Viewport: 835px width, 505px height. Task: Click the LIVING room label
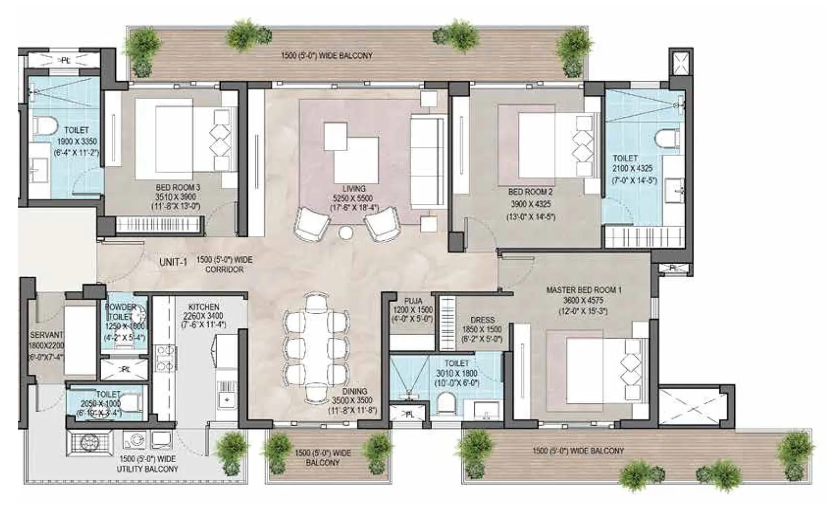point(353,188)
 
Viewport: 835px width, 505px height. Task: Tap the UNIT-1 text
point(173,262)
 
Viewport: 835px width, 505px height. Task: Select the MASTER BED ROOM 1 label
point(583,290)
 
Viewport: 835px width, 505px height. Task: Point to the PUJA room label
point(413,301)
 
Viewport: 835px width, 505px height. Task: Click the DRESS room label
point(482,320)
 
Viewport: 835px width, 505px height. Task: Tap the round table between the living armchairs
point(345,233)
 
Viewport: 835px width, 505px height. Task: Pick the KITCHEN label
point(204,307)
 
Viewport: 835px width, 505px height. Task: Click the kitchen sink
point(226,400)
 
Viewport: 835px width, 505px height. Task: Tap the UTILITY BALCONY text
point(147,469)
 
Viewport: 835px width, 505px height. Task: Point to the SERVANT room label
point(46,335)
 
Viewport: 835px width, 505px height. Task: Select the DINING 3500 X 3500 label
point(352,400)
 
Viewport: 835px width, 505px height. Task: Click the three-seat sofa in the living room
point(427,162)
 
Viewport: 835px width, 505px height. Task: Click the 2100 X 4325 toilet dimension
point(632,168)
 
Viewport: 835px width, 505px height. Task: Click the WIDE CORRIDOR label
point(224,264)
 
